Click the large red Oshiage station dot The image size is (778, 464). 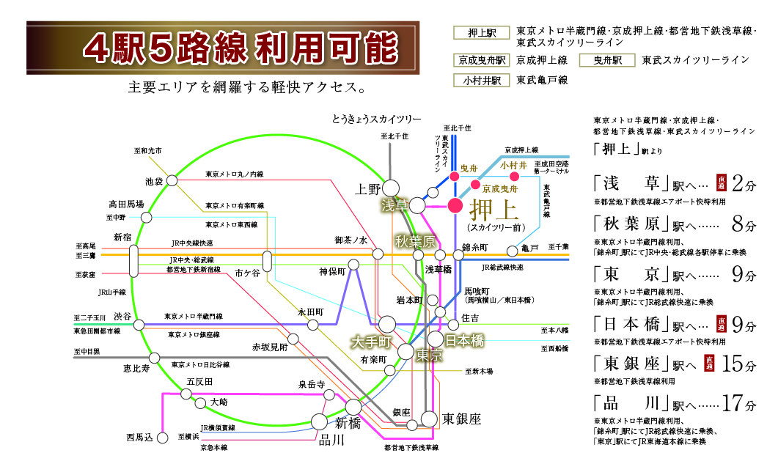455,205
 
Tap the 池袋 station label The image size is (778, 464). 154,180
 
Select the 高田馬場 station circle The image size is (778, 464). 147,218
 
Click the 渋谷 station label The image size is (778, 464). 123,316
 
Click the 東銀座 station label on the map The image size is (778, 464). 461,419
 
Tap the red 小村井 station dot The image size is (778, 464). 514,177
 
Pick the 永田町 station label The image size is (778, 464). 310,311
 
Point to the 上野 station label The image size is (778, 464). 368,188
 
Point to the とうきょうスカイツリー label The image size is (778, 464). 376,119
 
